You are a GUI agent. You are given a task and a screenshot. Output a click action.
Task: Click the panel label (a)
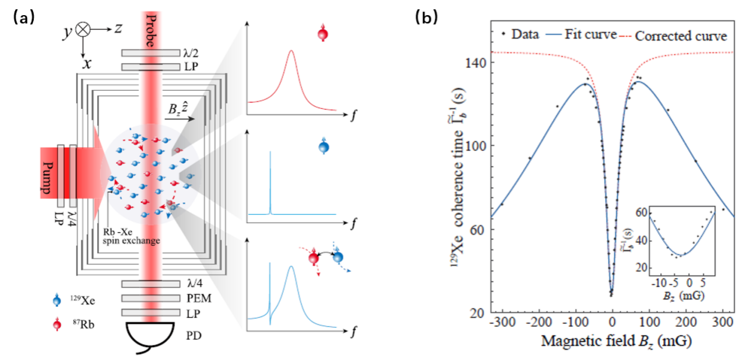tap(24, 18)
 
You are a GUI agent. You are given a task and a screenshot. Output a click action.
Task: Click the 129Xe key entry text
tap(80, 302)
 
